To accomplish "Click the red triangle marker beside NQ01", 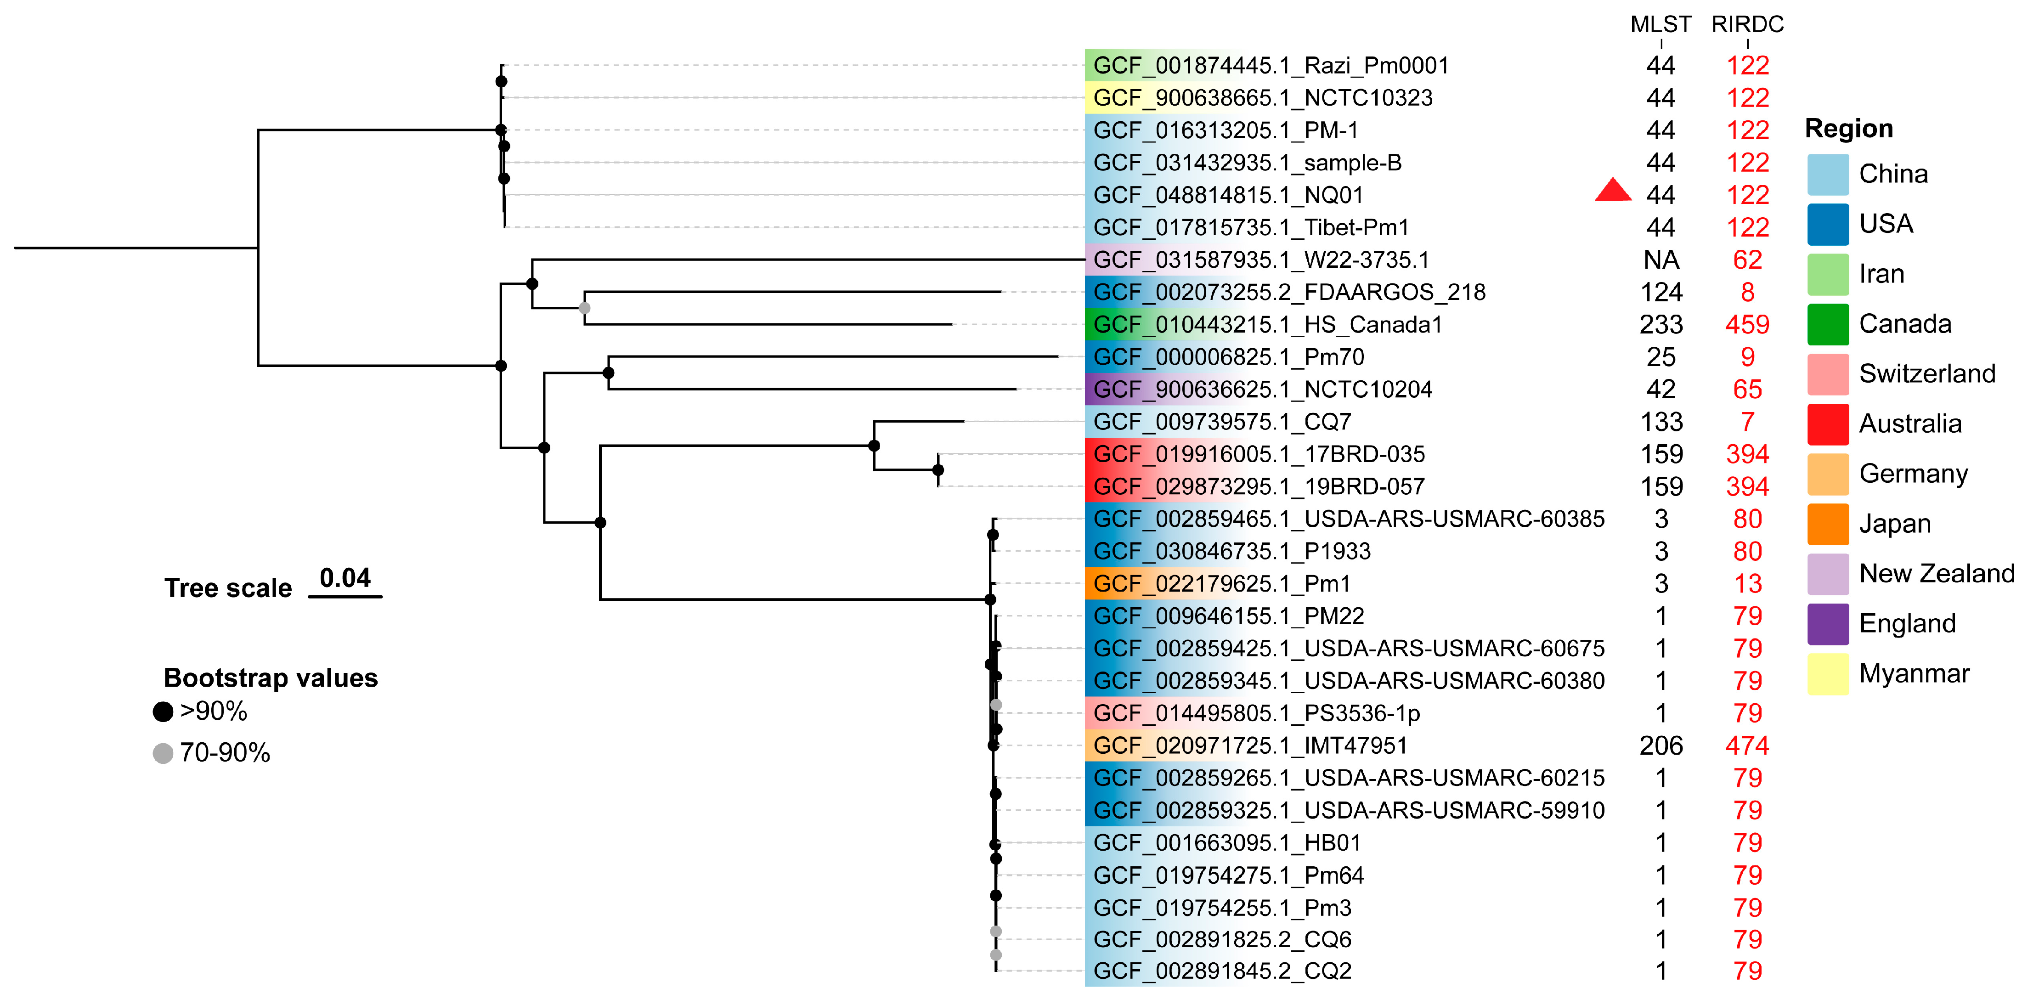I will coord(1613,191).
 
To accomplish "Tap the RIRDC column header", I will coord(1747,24).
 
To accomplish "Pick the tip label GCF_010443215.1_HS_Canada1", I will coord(1268,324).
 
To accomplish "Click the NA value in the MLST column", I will coord(1661,260).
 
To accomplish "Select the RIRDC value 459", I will coord(1747,324).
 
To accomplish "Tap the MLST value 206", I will coord(1661,745).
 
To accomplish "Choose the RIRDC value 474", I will coord(1747,745).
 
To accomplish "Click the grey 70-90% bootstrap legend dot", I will coord(163,753).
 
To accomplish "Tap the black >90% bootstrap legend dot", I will coord(163,712).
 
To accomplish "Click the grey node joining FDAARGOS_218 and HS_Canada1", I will coord(584,308).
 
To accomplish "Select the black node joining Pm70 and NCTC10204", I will coord(608,373).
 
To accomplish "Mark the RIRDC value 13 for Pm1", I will coord(1747,583).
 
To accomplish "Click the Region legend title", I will coord(1848,128).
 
